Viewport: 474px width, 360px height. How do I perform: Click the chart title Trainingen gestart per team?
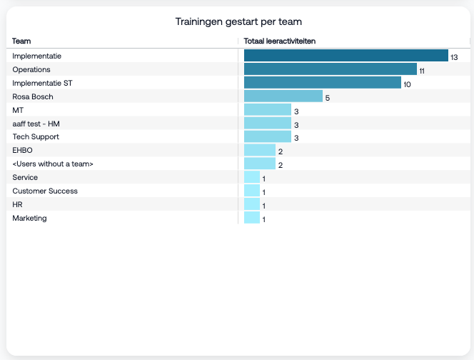coord(237,22)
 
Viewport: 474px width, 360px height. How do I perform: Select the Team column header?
coord(21,41)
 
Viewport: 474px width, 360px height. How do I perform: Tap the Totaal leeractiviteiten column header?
coord(280,41)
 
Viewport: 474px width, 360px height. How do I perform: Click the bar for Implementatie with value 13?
coord(346,56)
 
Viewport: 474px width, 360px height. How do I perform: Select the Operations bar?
coord(330,69)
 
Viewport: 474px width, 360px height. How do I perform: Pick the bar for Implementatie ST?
coord(322,83)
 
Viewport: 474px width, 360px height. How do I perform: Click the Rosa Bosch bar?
coord(283,96)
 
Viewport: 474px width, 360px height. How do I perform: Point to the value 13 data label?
coord(454,56)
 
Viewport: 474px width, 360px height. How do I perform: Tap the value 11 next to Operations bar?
coord(422,70)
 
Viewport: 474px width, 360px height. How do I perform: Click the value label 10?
coord(407,84)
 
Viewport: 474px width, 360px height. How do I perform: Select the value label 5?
coord(327,97)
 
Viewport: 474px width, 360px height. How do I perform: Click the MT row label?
coord(18,110)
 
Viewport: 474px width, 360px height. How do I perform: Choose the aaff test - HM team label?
coord(36,124)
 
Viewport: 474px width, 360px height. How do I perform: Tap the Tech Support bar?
coord(267,136)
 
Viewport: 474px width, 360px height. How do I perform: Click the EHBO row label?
coord(23,151)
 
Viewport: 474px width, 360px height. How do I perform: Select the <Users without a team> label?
coord(53,164)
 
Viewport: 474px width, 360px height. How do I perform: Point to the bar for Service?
coord(251,177)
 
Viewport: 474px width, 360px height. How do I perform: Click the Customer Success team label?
coord(45,191)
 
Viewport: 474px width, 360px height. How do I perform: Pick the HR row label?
coord(17,205)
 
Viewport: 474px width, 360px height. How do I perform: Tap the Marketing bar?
coord(251,218)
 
